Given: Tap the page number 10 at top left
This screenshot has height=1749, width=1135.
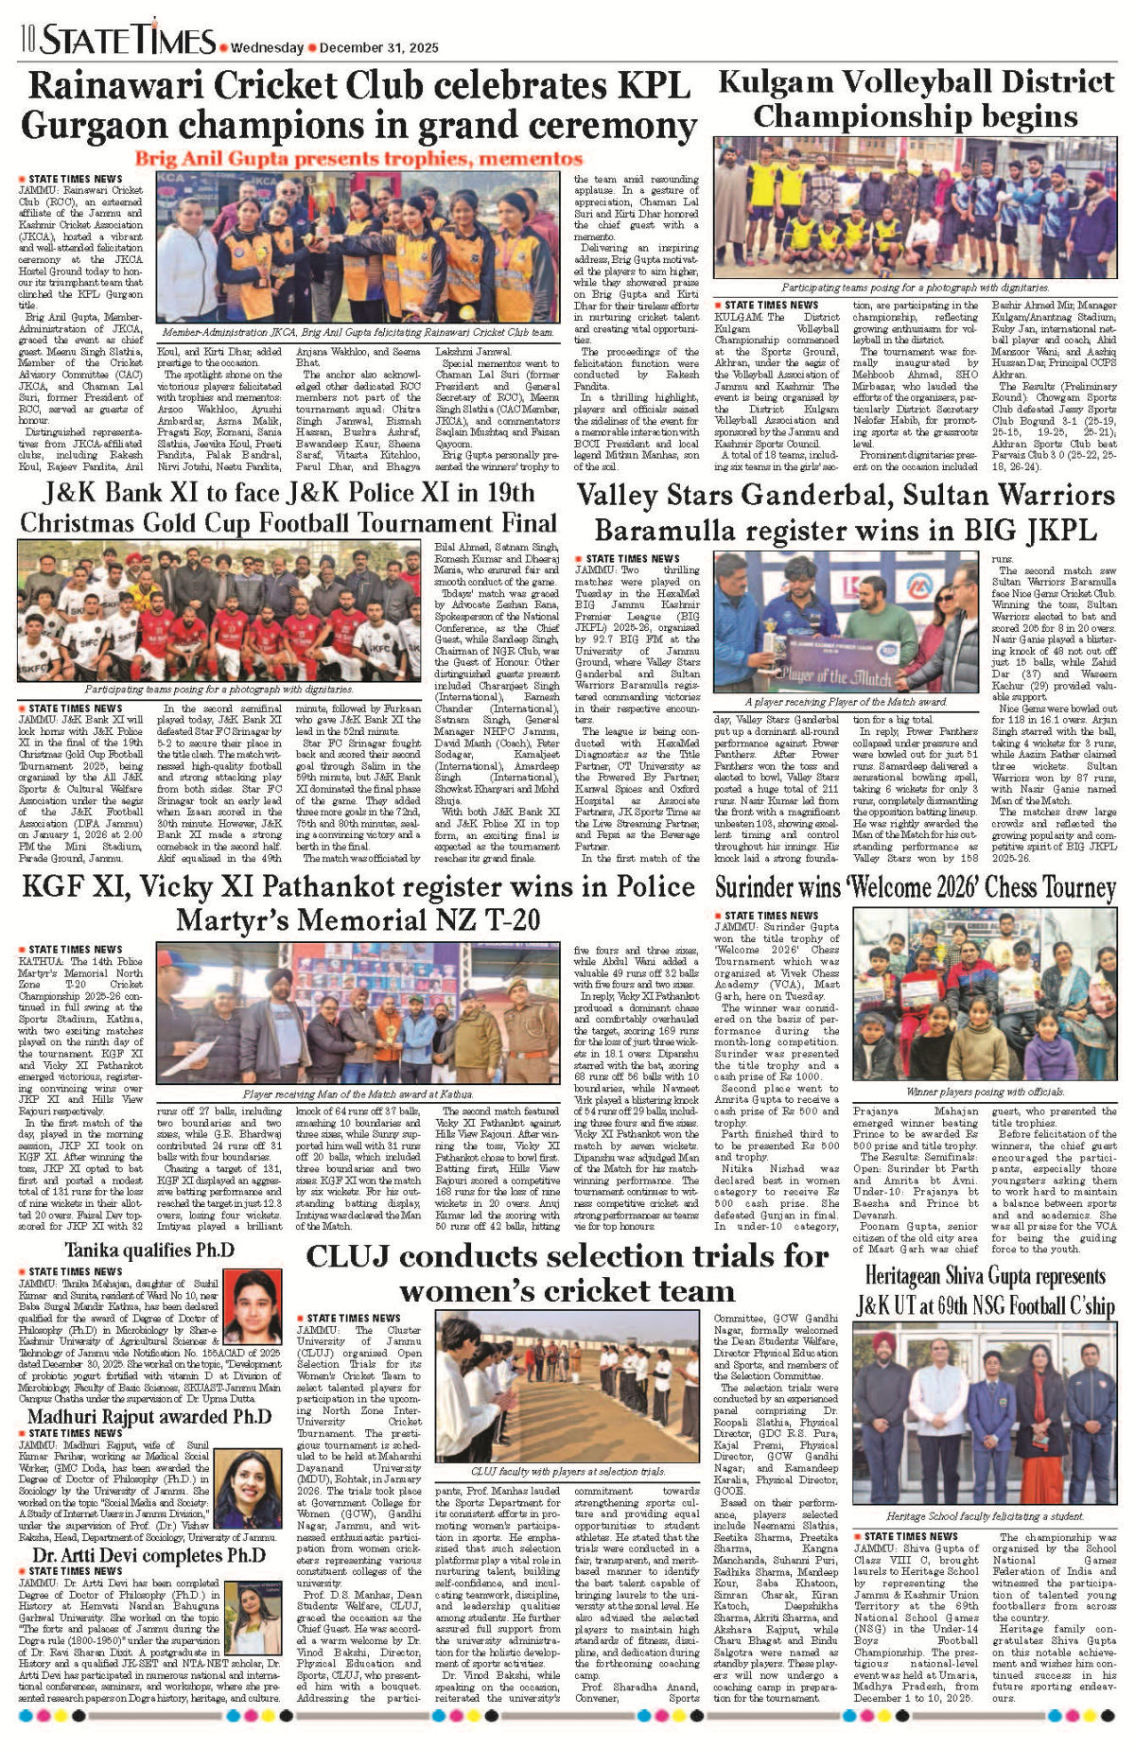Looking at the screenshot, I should [x=26, y=39].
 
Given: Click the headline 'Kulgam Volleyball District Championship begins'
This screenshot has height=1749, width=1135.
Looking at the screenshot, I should [x=916, y=98].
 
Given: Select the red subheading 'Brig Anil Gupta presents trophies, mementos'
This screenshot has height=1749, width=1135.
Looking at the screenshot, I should [x=358, y=159].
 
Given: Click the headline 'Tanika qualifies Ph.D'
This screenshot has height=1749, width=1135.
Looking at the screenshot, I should [x=149, y=1251].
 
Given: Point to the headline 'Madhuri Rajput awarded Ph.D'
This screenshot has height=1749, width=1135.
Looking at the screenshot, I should [x=149, y=1417].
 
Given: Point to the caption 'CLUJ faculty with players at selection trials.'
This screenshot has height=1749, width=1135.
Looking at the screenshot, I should [x=567, y=1472].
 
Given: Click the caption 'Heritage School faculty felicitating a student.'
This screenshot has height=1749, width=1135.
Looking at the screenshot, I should [x=985, y=1516].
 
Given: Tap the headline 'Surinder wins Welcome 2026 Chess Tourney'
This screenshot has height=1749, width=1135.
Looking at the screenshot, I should [x=916, y=887].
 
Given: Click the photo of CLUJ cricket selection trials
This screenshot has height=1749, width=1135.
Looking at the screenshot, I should [x=568, y=1386].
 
